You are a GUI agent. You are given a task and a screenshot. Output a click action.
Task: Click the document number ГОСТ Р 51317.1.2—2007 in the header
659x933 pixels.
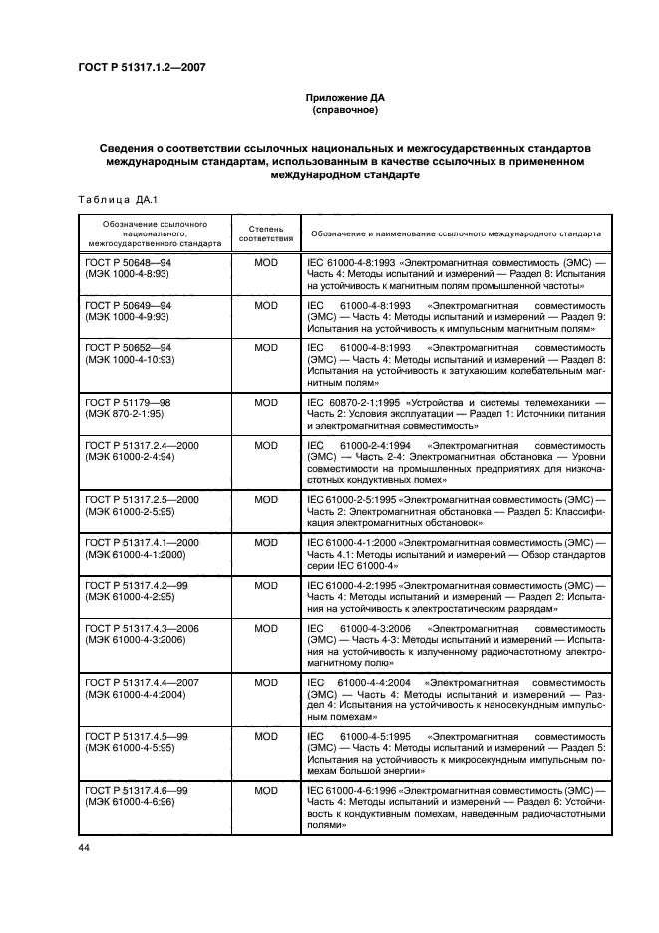point(149,68)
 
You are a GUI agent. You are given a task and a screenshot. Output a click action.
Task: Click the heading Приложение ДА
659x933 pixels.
point(344,98)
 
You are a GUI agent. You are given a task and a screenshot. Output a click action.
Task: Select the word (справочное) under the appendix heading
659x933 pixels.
point(344,110)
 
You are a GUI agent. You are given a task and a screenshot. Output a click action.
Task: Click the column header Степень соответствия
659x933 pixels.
point(266,233)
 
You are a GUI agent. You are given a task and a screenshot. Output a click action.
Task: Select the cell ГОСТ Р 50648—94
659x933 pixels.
point(129,260)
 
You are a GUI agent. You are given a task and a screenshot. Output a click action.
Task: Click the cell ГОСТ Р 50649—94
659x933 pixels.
point(129,304)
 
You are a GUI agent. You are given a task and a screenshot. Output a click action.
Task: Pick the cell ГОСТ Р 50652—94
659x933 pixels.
point(129,348)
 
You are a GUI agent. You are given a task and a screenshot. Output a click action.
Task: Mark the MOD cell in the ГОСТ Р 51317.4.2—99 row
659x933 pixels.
point(266,586)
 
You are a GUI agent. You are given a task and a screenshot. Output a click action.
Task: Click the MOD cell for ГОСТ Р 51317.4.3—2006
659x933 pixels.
point(266,630)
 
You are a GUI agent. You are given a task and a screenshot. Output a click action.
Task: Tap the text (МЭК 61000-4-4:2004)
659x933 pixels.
point(135,695)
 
